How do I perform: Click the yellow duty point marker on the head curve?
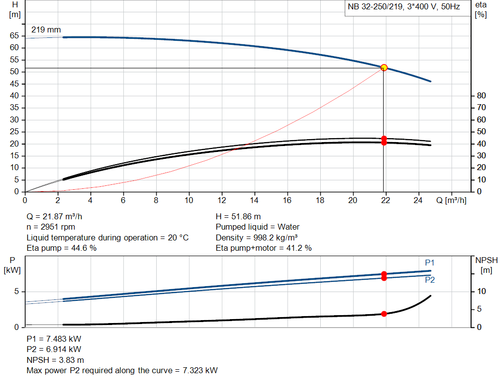(x=384, y=67)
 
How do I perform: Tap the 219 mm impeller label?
(x=46, y=30)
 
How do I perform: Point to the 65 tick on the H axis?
(x=14, y=36)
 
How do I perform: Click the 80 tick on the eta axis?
(x=481, y=95)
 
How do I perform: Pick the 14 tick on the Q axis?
(x=254, y=200)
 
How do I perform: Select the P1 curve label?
(x=430, y=263)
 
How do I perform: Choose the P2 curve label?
(x=430, y=280)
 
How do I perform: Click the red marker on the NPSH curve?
(x=384, y=314)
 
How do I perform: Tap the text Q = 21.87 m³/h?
(x=58, y=216)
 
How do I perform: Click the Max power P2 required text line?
(x=122, y=370)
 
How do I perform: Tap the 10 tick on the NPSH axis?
(x=481, y=292)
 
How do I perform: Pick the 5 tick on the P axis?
(x=16, y=292)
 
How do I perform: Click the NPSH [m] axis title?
(x=484, y=265)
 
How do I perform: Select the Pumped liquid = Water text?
(x=257, y=227)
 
